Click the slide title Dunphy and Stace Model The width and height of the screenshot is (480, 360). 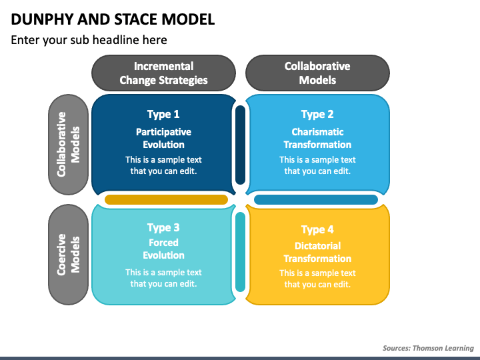click(x=113, y=19)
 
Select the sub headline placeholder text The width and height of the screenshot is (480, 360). click(x=89, y=40)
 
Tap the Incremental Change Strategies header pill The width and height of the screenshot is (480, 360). click(x=163, y=73)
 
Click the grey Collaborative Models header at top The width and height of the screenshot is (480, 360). click(x=317, y=73)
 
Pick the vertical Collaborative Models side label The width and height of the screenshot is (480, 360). click(x=68, y=143)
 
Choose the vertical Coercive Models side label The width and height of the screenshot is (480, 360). click(x=68, y=254)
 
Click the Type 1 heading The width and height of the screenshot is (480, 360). click(x=163, y=114)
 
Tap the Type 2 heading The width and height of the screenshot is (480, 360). click(x=317, y=114)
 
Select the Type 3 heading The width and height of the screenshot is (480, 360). click(x=163, y=228)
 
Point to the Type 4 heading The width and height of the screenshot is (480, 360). click(x=317, y=230)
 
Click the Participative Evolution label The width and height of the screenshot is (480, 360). click(x=163, y=138)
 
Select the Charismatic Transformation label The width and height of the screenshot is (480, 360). click(x=317, y=138)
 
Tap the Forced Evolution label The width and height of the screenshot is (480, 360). click(x=163, y=249)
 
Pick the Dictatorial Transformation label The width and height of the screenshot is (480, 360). click(x=317, y=252)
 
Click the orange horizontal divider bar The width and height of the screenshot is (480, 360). click(x=166, y=199)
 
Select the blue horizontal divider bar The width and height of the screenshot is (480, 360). click(x=316, y=199)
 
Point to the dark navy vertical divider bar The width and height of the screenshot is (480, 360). click(x=241, y=145)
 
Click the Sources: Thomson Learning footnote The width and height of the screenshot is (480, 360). click(x=428, y=348)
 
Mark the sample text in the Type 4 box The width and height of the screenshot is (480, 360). click(x=317, y=279)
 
